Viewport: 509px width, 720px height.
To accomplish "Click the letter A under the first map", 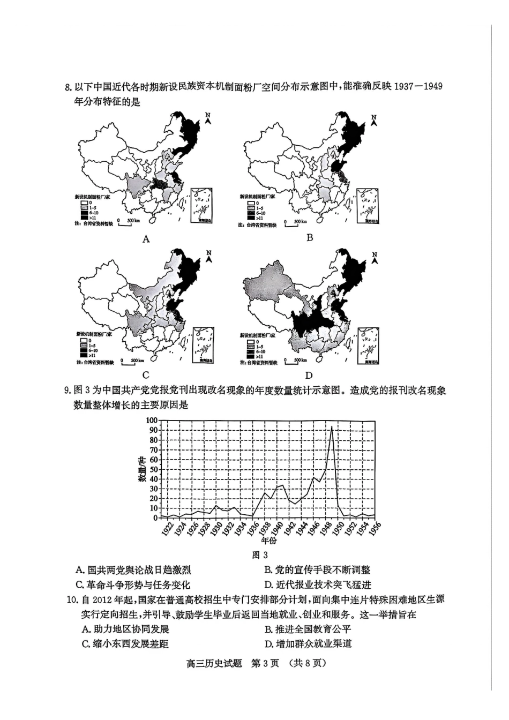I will (146, 239).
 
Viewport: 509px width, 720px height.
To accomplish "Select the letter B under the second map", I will (309, 237).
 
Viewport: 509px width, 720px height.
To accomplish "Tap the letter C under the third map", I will (146, 375).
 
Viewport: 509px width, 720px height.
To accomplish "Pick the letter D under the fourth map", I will (309, 375).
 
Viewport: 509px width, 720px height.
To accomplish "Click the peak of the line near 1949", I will (332, 427).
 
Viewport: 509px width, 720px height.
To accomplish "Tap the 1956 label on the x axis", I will (374, 529).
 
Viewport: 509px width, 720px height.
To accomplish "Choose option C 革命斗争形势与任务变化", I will (133, 584).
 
